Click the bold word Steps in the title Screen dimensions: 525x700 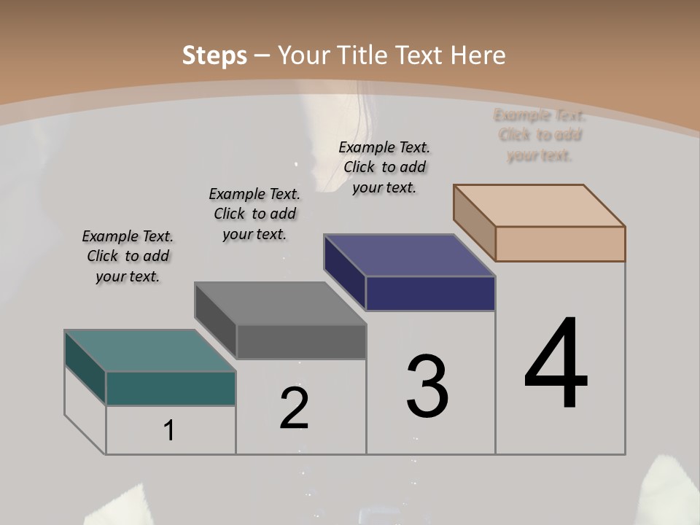pos(214,55)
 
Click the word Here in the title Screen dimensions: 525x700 pos(478,55)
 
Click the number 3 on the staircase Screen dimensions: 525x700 pos(427,386)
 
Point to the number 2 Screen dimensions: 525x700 pos(294,408)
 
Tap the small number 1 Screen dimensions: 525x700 pos(169,430)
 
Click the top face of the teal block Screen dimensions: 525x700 pos(149,350)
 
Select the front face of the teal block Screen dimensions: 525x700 pos(171,389)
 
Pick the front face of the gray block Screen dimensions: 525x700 pos(301,342)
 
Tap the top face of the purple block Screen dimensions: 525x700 pos(409,255)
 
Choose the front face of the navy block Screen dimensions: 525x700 pos(430,294)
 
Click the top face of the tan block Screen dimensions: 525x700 pos(539,206)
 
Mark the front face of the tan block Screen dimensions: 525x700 pos(560,244)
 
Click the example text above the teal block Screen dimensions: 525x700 pos(128,256)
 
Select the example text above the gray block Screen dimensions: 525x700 pos(254,214)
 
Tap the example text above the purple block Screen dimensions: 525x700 pos(384,167)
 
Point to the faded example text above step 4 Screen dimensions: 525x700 pos(540,135)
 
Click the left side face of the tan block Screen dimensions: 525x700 pos(475,222)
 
